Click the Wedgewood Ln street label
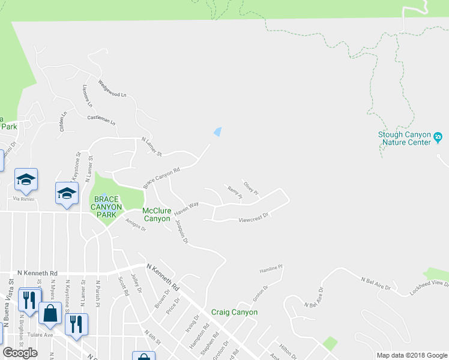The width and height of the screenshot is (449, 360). point(112,91)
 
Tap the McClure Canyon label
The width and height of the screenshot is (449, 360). point(156,215)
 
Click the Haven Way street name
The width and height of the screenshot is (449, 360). point(186,209)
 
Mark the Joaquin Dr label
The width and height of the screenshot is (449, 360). point(181,230)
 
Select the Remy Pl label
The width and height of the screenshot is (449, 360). point(234,192)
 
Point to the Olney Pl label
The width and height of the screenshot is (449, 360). point(250,187)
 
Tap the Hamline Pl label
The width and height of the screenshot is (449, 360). point(271,268)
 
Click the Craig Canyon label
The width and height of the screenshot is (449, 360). point(234,313)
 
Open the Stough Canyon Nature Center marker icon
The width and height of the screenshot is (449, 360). point(438,138)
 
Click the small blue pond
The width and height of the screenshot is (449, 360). point(218,131)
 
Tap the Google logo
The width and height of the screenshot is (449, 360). point(20,353)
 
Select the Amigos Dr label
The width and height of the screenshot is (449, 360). point(135,224)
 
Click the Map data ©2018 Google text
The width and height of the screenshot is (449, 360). point(411,355)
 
